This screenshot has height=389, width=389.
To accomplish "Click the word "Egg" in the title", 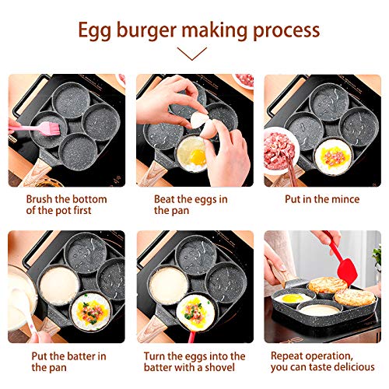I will pos(94,30).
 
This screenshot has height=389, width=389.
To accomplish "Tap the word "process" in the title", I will pos(282,30).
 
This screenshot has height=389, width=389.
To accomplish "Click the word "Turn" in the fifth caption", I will pos(156,356).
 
